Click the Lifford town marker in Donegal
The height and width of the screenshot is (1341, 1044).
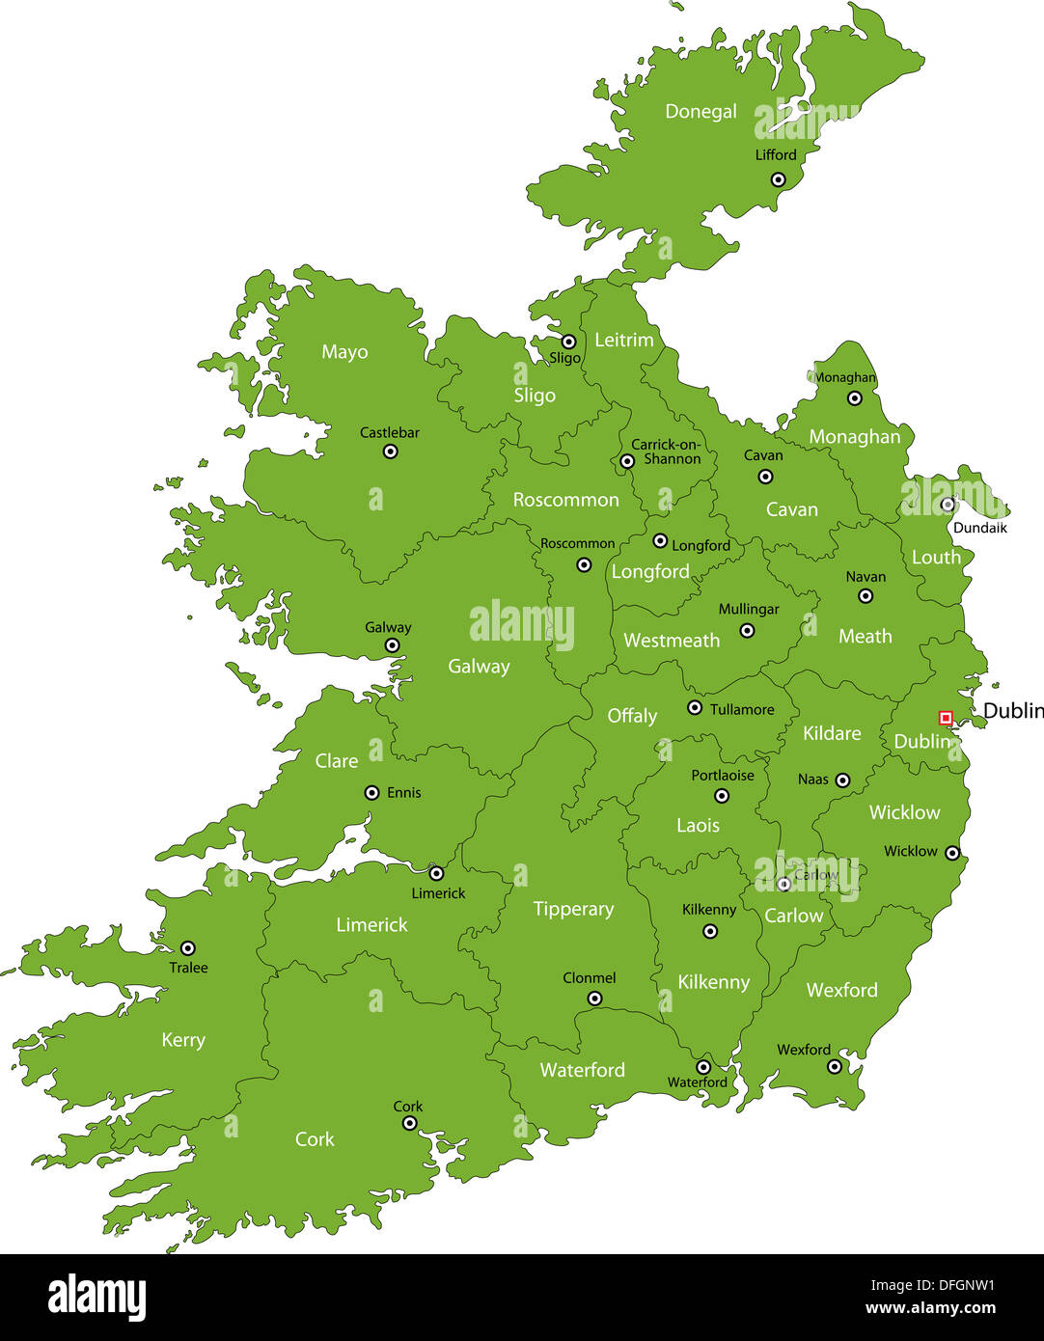[x=778, y=179]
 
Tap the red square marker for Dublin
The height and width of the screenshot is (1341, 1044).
[x=946, y=718]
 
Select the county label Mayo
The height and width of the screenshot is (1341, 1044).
[x=344, y=352]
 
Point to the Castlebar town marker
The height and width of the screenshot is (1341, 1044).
[x=390, y=452]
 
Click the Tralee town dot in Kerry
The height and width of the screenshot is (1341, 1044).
[x=188, y=948]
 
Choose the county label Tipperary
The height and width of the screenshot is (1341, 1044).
[x=573, y=909]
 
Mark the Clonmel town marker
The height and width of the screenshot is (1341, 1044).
[x=594, y=999]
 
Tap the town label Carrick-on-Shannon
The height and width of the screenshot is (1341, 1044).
[x=666, y=452]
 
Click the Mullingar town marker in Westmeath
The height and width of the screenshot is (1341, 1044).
[x=747, y=631]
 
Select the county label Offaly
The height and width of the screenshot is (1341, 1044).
[x=632, y=716]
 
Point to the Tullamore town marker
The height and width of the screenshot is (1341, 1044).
[x=695, y=708]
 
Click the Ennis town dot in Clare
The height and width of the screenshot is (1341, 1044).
[x=371, y=793]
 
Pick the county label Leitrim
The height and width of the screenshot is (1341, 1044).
[x=623, y=340]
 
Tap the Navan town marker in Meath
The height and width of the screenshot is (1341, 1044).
[x=865, y=596]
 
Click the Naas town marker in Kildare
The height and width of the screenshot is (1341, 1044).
[x=842, y=780]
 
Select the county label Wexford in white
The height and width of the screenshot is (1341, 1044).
[x=841, y=990]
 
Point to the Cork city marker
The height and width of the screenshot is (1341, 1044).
[x=408, y=1125]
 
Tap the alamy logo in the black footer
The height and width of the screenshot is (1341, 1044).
[x=97, y=1298]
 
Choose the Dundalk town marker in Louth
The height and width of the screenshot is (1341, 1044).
[x=948, y=505]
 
